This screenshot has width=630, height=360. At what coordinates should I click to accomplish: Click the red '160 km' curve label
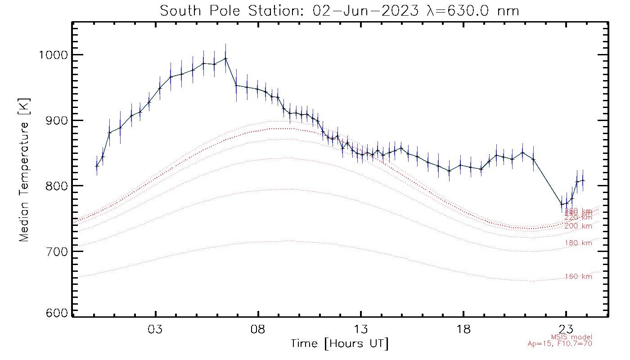pos(578,277)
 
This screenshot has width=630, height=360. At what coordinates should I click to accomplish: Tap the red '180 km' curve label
pos(578,243)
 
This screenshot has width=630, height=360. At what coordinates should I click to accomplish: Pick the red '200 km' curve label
pos(578,226)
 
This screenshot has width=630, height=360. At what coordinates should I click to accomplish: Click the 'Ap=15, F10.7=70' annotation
pos(560,344)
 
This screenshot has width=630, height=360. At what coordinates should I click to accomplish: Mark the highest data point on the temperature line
pos(225,58)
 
